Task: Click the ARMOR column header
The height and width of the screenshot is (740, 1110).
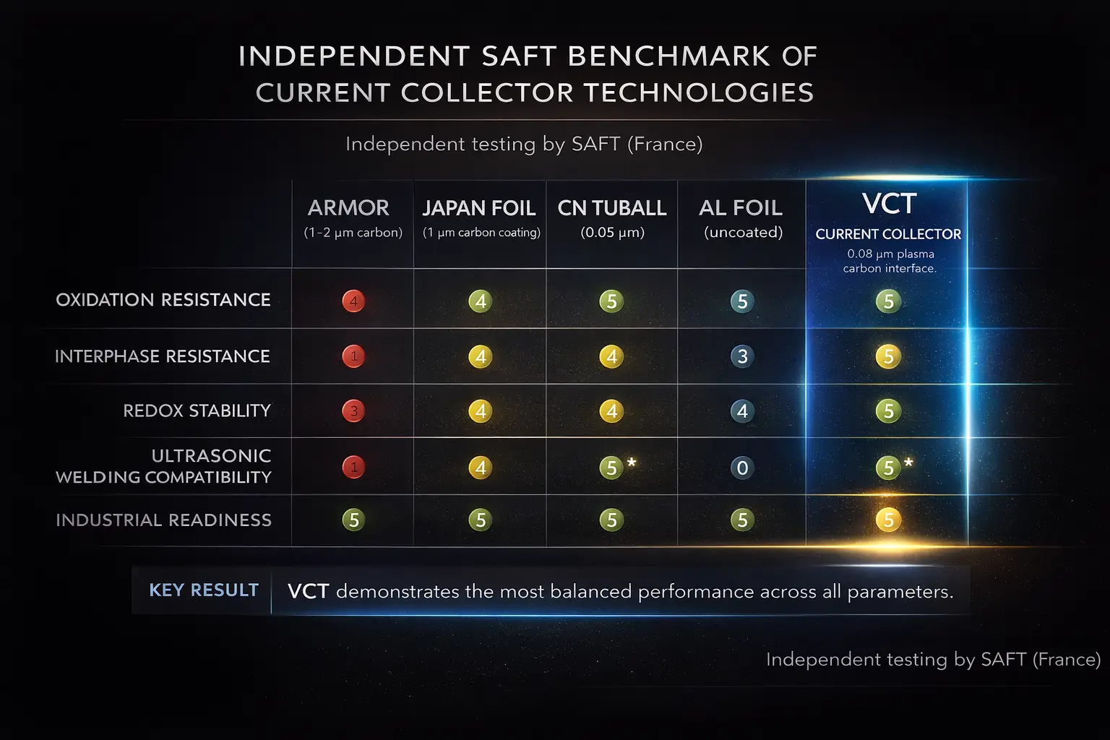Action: [348, 208]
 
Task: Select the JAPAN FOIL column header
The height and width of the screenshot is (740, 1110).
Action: [478, 208]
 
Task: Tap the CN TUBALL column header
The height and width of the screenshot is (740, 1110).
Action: [612, 208]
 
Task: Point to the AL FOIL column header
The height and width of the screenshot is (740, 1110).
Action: [741, 208]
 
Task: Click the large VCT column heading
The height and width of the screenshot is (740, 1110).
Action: [889, 204]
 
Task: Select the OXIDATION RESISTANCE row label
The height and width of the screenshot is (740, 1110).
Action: [163, 300]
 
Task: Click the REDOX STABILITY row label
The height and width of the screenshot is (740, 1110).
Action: [197, 410]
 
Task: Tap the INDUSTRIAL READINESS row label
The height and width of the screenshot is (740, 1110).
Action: [163, 520]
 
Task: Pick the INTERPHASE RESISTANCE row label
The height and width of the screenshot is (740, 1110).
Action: [163, 356]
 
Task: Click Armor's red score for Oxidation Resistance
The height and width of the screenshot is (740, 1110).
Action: [353, 301]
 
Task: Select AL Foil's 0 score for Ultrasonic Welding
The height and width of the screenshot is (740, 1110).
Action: [742, 468]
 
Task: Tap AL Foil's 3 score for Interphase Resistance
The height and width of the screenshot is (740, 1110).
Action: [742, 356]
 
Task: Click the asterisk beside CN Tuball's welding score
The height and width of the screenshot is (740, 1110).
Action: [632, 461]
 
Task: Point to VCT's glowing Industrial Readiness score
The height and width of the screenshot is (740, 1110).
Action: [888, 520]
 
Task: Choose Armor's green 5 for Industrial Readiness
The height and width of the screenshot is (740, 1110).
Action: [353, 520]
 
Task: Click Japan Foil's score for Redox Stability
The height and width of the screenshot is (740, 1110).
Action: [481, 411]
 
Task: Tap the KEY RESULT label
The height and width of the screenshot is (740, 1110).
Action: [204, 590]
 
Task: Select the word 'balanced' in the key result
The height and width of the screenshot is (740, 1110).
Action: [590, 592]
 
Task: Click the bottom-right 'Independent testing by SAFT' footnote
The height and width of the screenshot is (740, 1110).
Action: [933, 659]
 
